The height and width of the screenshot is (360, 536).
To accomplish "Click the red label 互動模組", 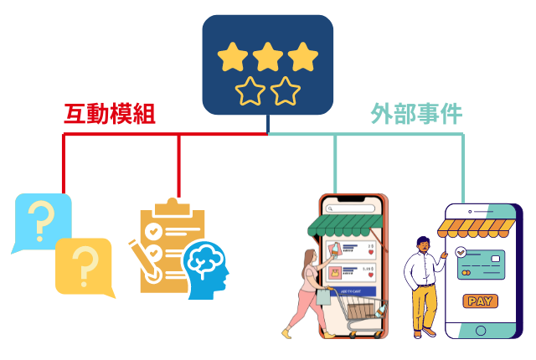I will click(x=110, y=114).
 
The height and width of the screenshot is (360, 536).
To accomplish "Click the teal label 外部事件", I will click(x=416, y=114).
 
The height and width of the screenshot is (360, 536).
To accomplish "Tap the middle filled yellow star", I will click(x=268, y=57).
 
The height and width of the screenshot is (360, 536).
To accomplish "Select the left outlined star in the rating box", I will click(x=250, y=91).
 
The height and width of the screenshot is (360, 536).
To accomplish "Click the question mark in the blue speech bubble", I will click(x=41, y=220).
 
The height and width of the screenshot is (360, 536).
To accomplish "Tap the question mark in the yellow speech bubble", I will click(x=84, y=265).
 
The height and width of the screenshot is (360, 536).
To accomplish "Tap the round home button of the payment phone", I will click(x=480, y=331).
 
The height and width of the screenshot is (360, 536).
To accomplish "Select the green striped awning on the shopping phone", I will click(x=345, y=224).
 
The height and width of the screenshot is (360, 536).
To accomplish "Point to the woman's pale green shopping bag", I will click(x=322, y=296).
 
